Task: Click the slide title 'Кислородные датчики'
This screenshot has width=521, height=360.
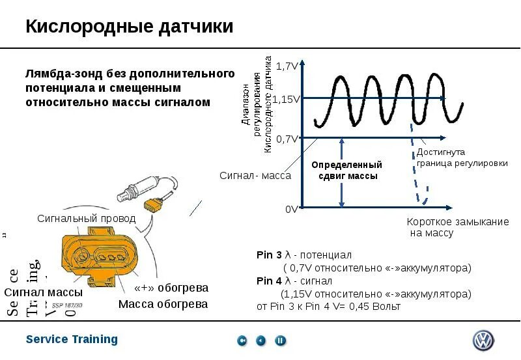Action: pos(129,27)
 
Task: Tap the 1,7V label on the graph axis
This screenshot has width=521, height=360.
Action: pos(287,66)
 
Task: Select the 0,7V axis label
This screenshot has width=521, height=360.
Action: pos(287,139)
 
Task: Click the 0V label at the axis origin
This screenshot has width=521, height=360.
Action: pos(292,210)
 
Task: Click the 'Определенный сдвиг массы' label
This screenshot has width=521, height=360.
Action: pos(346,171)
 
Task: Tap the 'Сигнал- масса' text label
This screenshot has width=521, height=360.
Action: pos(255,176)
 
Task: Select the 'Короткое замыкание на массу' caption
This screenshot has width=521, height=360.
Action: pos(457,227)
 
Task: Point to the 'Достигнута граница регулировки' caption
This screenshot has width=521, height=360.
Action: pos(462,158)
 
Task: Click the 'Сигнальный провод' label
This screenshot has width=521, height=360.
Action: pos(86,219)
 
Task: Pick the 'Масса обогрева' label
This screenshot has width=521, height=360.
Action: pos(163,304)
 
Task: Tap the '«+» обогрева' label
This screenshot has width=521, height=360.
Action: pos(171,288)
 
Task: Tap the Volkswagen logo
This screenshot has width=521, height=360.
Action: pos(483,340)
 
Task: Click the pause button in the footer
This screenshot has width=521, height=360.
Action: pos(281,340)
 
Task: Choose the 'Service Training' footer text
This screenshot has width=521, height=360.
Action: pos(72,339)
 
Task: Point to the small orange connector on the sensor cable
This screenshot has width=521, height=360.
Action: pos(154,204)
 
